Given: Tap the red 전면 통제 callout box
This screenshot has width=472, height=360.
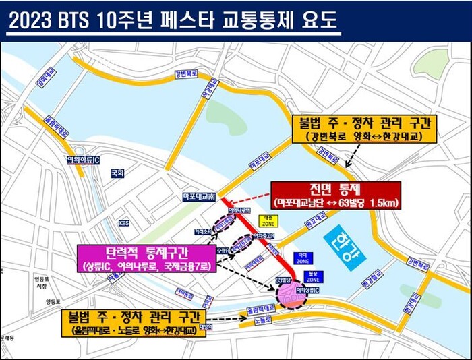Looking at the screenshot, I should pyautogui.click(x=336, y=194).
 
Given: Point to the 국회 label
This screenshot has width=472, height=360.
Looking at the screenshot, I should pyautogui.click(x=118, y=173).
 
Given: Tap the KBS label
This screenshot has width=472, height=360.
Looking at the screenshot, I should pyautogui.click(x=124, y=222).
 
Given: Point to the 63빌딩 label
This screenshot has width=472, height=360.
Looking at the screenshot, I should pyautogui.click(x=283, y=278).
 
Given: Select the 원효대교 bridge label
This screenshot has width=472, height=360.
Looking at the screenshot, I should pyautogui.click(x=314, y=223).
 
